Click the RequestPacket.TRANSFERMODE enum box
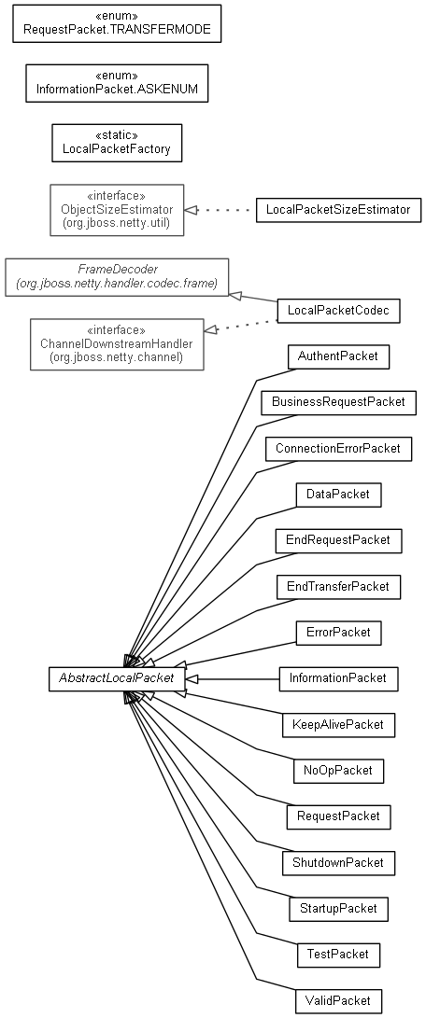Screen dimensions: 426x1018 (117, 24)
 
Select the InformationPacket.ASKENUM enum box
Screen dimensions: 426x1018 (117, 83)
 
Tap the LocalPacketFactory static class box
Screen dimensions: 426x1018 (117, 143)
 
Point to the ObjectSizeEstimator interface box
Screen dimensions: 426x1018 (117, 210)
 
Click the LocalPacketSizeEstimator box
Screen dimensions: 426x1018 (338, 210)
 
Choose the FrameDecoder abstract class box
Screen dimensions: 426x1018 (117, 277)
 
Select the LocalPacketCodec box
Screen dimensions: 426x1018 (338, 311)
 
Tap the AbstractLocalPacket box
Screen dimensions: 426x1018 (117, 678)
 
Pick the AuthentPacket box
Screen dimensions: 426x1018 (338, 356)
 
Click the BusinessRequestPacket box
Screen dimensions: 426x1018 (338, 402)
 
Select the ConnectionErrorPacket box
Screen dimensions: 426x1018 (338, 449)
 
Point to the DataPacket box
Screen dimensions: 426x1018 (338, 495)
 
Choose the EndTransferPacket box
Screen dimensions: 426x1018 (338, 587)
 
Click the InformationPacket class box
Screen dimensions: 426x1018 (338, 678)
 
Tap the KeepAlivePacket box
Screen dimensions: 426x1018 (338, 725)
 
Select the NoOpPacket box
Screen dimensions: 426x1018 (338, 771)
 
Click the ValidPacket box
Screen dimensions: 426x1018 (338, 1000)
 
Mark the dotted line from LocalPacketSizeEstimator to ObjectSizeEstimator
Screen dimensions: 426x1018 (220, 210)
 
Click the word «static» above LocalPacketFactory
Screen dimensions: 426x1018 (117, 136)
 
